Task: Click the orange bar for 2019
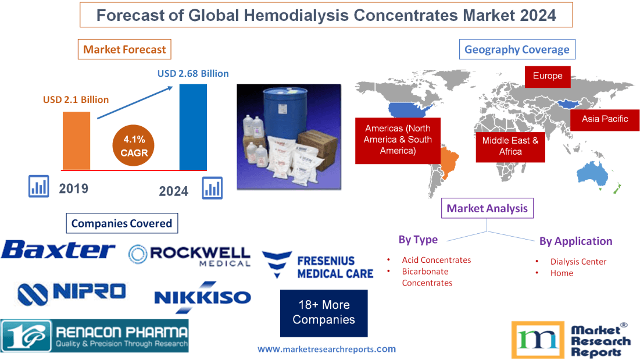click(77, 140)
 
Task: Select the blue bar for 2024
click(193, 127)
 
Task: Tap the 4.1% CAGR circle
click(134, 145)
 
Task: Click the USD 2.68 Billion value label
click(193, 74)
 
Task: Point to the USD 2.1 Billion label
click(76, 99)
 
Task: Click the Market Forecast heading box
click(124, 49)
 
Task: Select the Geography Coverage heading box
click(517, 49)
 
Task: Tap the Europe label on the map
click(547, 76)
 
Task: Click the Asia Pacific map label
click(605, 119)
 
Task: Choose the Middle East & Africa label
click(510, 146)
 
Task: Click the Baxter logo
click(58, 251)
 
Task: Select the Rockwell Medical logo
click(190, 255)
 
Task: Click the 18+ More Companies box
click(324, 313)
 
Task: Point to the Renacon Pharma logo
click(95, 336)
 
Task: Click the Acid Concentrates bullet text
click(436, 260)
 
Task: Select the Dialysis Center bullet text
click(578, 262)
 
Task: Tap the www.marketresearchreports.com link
click(326, 349)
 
